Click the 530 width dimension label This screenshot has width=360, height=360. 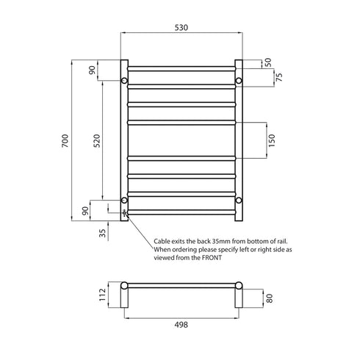point(181,27)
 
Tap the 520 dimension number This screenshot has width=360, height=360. point(96,140)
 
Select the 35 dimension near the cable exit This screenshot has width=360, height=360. point(101,234)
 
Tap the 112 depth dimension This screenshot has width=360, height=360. point(101,295)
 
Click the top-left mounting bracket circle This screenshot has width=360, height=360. point(124,79)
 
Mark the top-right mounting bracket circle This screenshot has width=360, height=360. point(239,79)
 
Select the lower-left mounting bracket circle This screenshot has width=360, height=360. point(124,200)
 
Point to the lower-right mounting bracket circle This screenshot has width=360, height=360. point(239,200)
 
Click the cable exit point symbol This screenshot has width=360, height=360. point(124,213)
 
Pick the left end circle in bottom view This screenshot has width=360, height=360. point(124,285)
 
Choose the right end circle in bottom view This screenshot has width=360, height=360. point(239,285)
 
